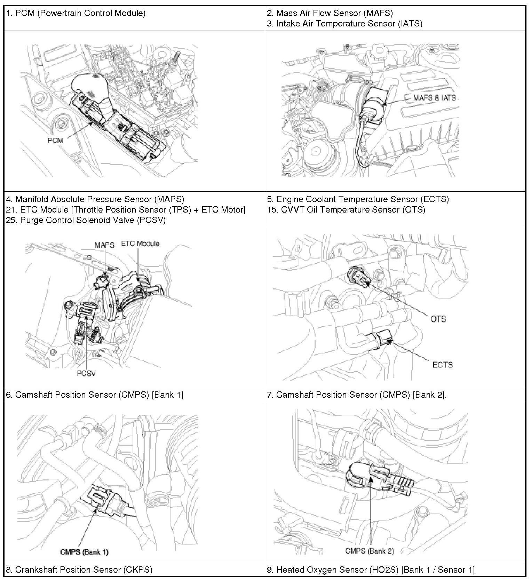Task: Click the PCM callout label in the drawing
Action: click(55, 141)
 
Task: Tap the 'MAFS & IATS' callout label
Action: click(434, 98)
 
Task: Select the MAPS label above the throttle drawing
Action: click(104, 245)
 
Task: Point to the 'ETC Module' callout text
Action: click(140, 244)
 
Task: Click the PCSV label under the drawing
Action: click(86, 373)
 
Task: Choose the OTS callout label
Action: click(438, 319)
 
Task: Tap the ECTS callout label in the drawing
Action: click(442, 365)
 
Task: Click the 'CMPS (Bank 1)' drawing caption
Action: click(84, 552)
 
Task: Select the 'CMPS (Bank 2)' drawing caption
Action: click(370, 551)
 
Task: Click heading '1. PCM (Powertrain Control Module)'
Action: click(76, 13)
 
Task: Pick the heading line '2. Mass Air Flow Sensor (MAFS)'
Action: click(330, 13)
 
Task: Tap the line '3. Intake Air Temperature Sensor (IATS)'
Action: click(344, 24)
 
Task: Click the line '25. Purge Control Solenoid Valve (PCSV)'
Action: click(86, 220)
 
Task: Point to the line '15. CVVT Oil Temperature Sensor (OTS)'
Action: click(346, 210)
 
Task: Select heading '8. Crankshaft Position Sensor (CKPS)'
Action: click(79, 570)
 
